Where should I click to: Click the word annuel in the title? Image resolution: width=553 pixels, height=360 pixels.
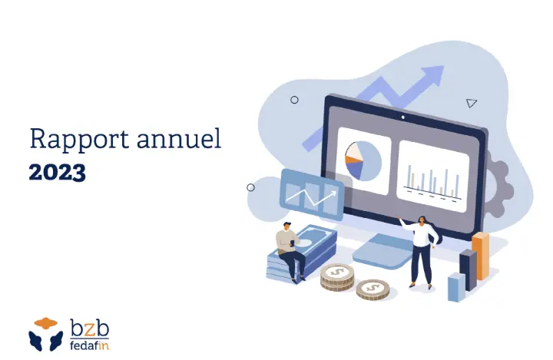tap(179, 138)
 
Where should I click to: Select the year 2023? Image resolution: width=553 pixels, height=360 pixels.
tap(57, 173)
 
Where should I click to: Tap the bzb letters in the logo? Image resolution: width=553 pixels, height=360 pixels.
tap(89, 329)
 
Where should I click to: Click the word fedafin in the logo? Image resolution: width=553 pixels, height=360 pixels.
tap(89, 345)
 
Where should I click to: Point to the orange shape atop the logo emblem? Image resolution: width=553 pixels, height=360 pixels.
tap(46, 323)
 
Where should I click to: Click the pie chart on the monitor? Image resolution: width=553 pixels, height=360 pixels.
tap(363, 160)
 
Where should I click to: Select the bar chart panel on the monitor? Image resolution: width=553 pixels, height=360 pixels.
tap(433, 176)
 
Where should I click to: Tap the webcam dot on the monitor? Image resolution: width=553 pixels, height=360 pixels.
tap(403, 117)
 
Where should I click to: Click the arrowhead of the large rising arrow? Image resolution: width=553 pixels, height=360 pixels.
tap(432, 74)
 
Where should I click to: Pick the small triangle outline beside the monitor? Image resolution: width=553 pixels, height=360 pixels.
tap(471, 103)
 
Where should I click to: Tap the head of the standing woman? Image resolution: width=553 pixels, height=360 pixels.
tap(422, 220)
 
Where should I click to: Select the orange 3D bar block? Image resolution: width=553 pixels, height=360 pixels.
tap(480, 256)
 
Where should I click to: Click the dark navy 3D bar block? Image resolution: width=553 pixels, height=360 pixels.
tap(468, 269)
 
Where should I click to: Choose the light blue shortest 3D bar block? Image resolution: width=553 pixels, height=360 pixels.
tap(456, 287)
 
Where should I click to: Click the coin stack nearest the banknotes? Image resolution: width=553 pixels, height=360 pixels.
tap(337, 277)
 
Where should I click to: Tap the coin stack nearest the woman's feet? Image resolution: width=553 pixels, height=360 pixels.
tap(373, 290)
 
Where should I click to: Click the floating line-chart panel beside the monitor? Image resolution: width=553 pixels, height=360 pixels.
tap(312, 195)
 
